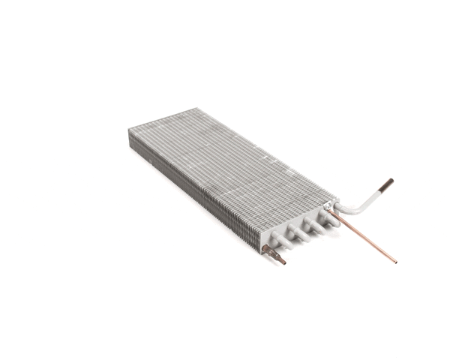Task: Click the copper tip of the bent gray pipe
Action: pyautogui.click(x=387, y=182)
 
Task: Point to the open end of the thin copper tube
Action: pyautogui.click(x=394, y=262)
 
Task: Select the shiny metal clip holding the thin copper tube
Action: pyautogui.click(x=328, y=205)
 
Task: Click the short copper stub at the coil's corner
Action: pyautogui.click(x=274, y=255)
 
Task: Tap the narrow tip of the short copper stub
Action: pyautogui.click(x=282, y=262)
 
